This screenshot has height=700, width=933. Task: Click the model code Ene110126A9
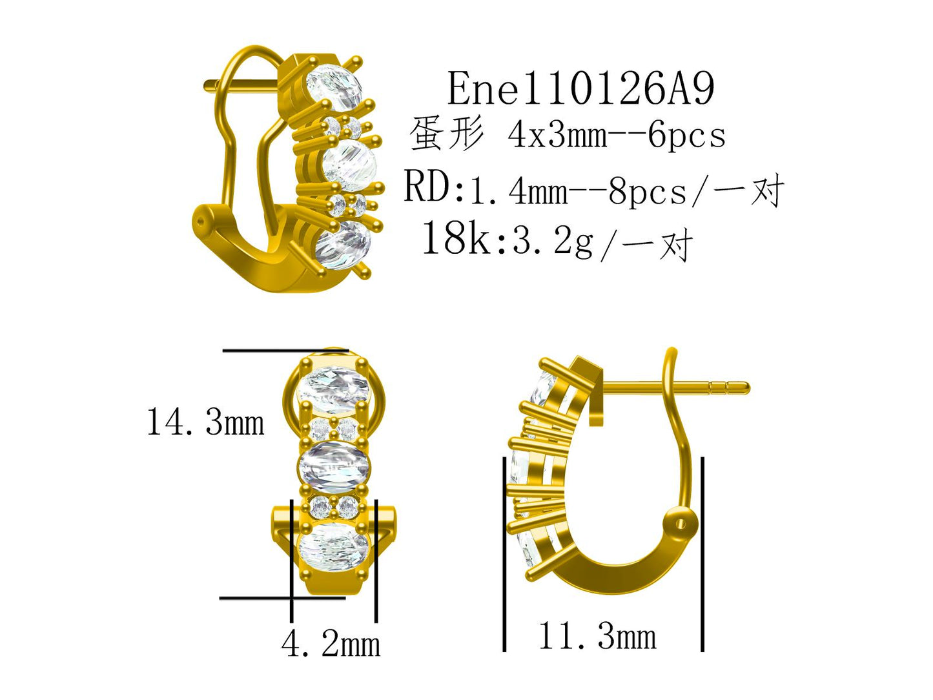click(580, 88)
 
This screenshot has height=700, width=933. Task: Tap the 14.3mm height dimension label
click(205, 423)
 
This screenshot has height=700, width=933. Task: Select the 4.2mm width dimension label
click(331, 644)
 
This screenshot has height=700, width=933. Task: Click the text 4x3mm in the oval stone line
click(557, 136)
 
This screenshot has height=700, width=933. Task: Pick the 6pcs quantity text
click(686, 136)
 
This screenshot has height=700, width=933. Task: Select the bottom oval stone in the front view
click(333, 547)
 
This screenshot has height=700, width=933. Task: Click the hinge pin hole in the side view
click(681, 524)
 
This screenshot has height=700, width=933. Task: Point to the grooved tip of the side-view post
click(730, 388)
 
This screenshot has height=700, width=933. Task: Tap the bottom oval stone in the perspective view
click(342, 245)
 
